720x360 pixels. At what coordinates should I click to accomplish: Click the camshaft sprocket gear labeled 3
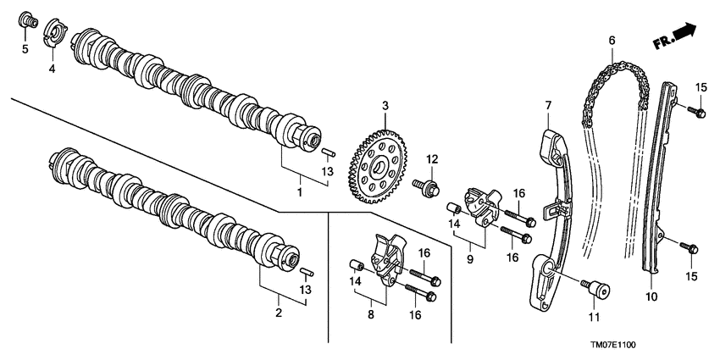(x=376, y=170)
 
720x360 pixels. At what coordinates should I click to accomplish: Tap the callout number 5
(x=25, y=50)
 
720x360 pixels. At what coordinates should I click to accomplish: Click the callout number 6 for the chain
(x=612, y=39)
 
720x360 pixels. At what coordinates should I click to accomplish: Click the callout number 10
(x=651, y=296)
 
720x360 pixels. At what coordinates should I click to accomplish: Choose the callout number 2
(x=277, y=313)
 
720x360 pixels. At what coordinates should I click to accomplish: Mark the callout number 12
(x=431, y=159)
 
